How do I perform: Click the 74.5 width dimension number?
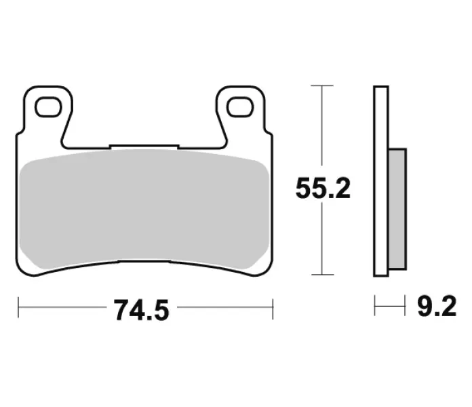coord(142,311)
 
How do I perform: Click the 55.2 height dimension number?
coord(323,188)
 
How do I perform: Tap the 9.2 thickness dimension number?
coord(437,306)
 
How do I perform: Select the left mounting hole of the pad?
coord(48,107)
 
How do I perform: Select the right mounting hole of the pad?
coord(240,107)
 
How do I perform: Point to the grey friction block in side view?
coord(397,209)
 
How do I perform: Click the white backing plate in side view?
coord(381,181)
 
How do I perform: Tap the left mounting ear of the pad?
coord(48,111)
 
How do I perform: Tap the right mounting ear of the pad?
coord(240,111)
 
